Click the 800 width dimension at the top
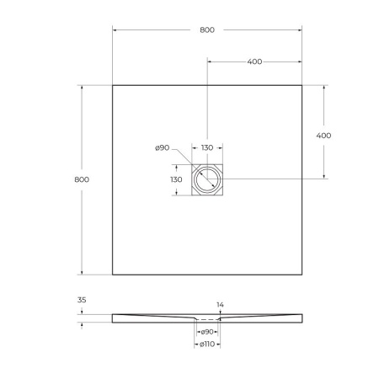(207, 30)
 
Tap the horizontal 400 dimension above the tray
(254, 61)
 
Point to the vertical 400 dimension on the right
(323, 136)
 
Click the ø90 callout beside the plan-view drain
(163, 148)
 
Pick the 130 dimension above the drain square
(206, 148)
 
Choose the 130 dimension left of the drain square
(176, 179)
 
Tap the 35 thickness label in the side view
(82, 300)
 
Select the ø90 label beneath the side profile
(207, 332)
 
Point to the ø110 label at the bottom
(207, 344)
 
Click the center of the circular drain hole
(207, 179)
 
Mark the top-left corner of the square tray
(113, 85)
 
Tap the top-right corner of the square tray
(302, 85)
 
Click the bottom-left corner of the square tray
(113, 275)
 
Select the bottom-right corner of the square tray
(302, 275)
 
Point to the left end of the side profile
(113, 317)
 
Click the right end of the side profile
(302, 317)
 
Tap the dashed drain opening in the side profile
(207, 320)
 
